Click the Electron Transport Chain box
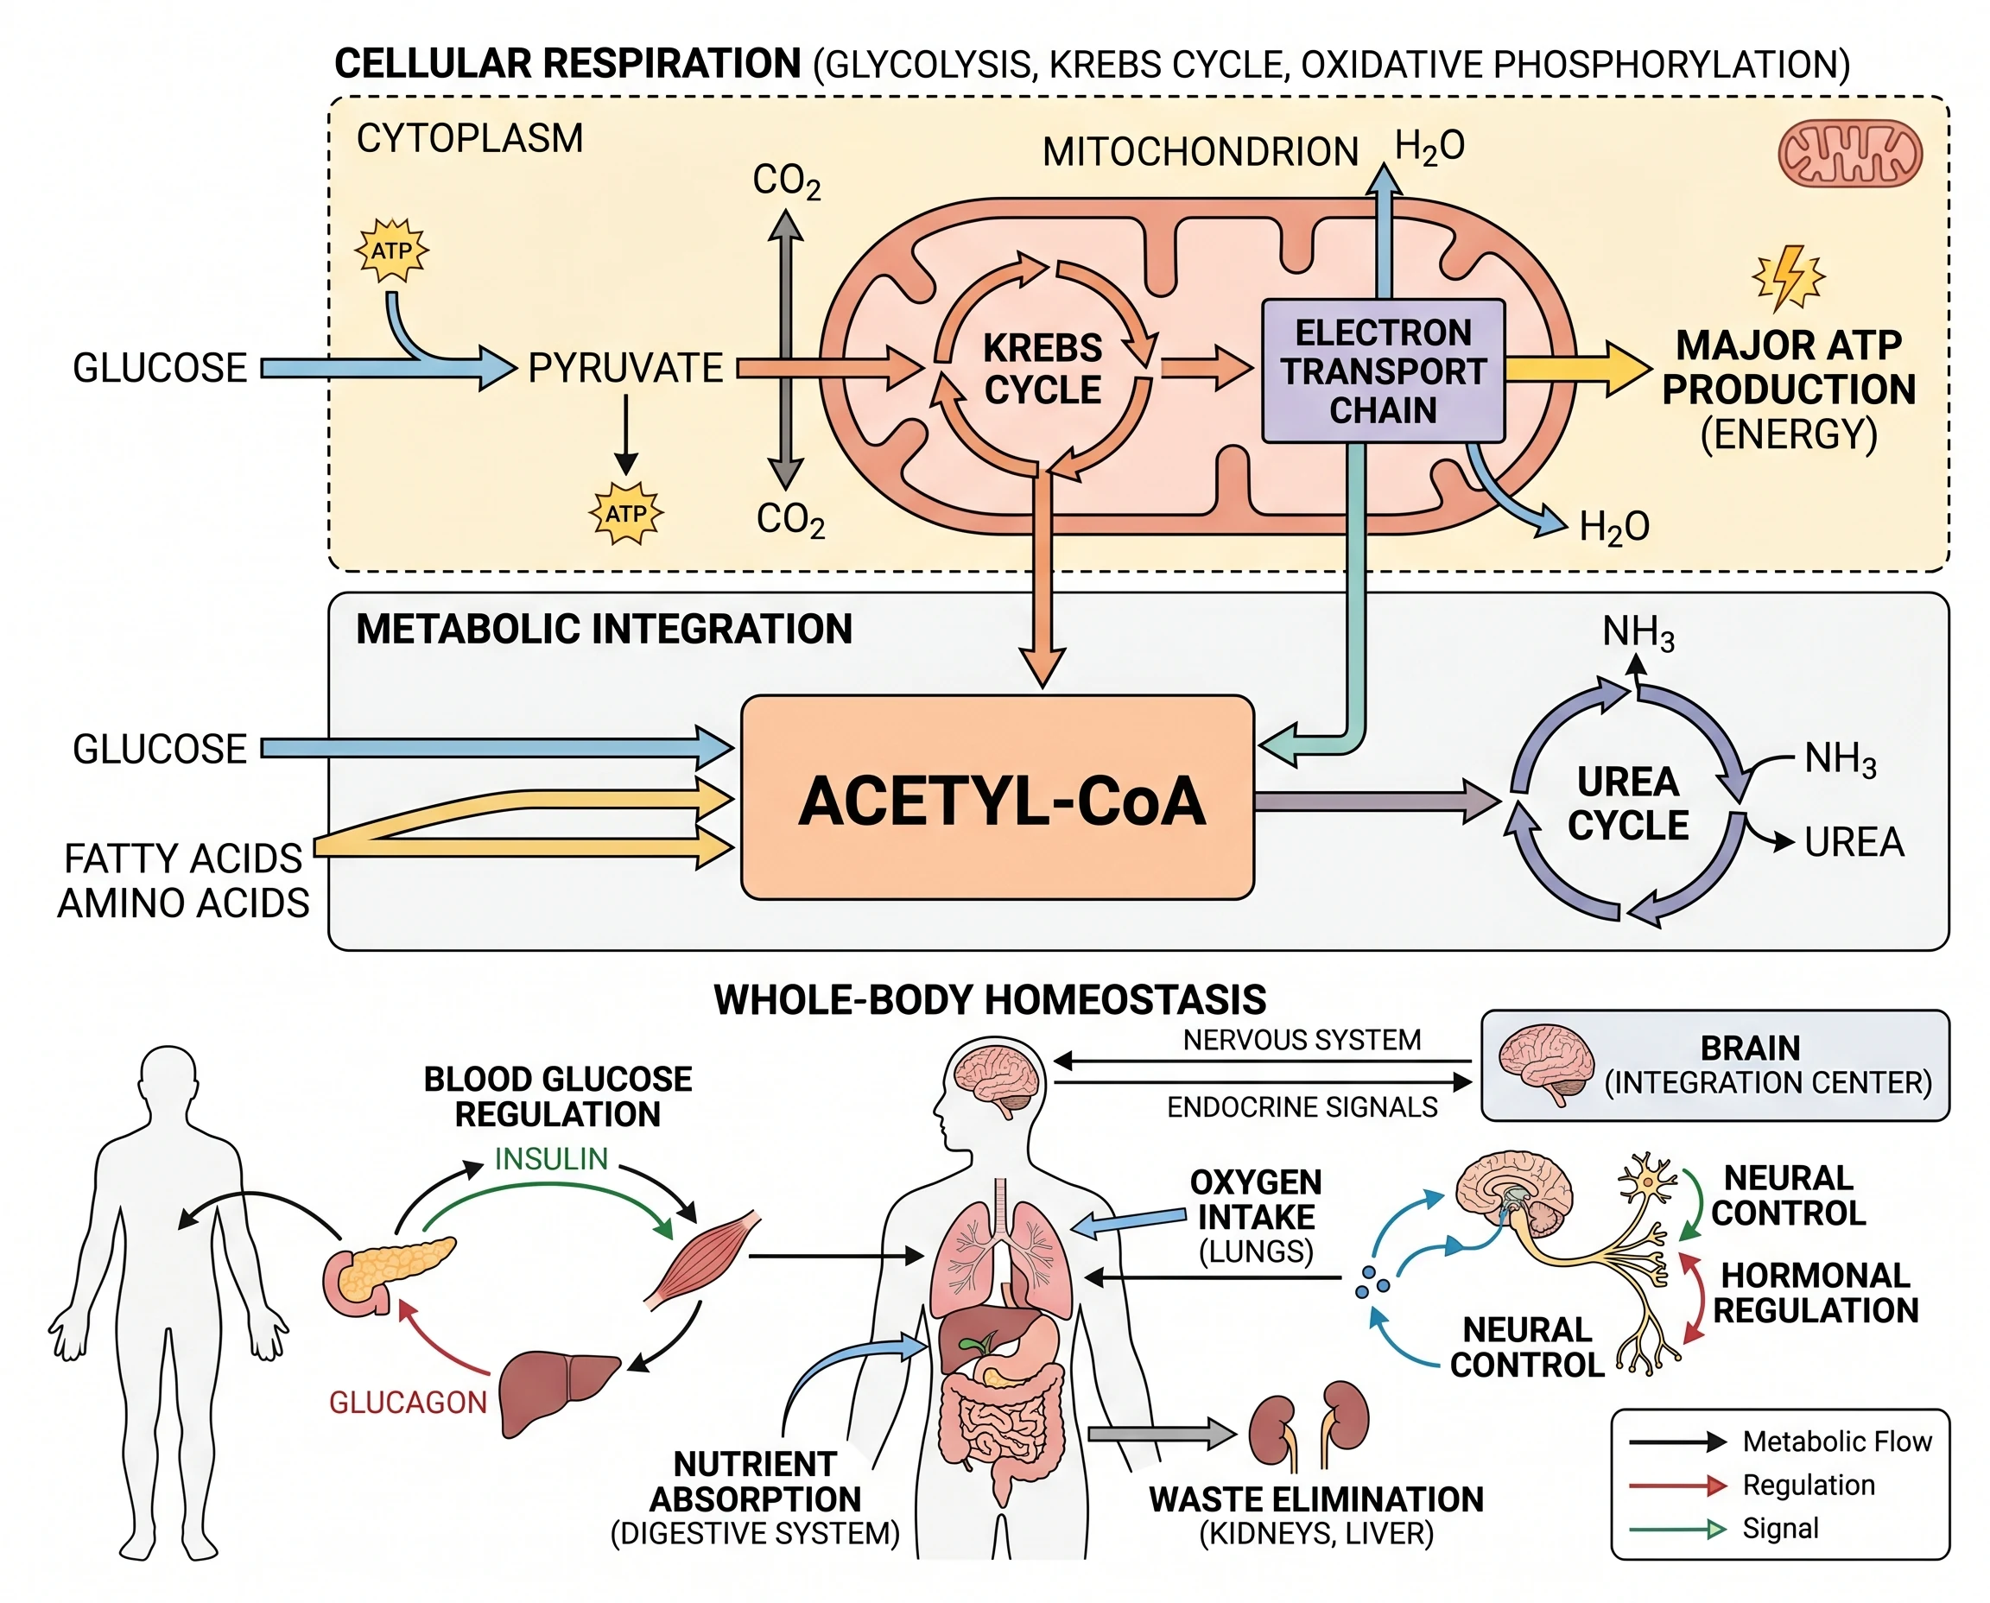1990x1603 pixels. tap(1383, 371)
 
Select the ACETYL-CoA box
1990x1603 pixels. tap(998, 799)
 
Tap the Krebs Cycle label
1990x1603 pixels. tap(1042, 369)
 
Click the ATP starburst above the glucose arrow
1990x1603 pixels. tap(392, 250)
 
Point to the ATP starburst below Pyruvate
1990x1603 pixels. tap(626, 513)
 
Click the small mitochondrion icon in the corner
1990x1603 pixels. tap(1848, 153)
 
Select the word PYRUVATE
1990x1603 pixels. tap(625, 369)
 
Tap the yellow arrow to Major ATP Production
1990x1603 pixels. tap(1575, 369)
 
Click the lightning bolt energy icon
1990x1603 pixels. tap(1789, 276)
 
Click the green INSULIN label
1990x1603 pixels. tap(551, 1159)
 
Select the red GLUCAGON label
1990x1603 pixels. tap(407, 1403)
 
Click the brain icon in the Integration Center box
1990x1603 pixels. tap(1546, 1064)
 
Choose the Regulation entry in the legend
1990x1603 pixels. tap(1807, 1485)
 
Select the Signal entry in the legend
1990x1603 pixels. tap(1779, 1529)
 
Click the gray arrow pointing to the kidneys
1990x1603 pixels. tap(1160, 1434)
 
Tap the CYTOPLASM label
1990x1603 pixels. tap(469, 138)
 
